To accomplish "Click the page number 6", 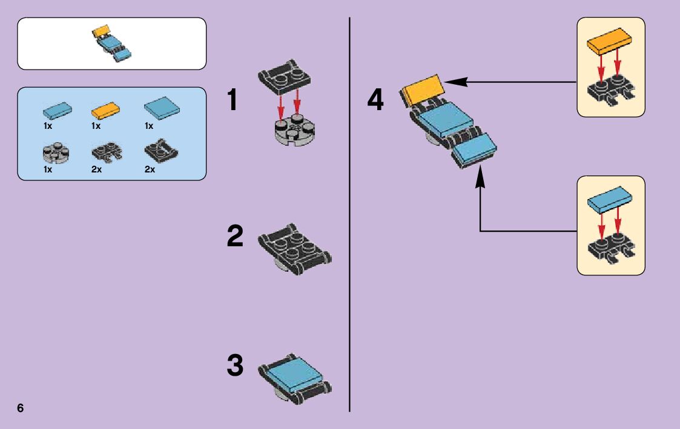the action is (21, 407).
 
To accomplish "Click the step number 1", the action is (236, 100).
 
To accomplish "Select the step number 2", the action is (236, 236).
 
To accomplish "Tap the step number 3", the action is (236, 366).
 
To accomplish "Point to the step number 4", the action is (375, 100).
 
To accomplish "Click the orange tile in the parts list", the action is (105, 111).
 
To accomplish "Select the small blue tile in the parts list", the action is (58, 110).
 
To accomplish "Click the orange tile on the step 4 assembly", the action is (422, 89).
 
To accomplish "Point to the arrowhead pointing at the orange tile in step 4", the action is (449, 82).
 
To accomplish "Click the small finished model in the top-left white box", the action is (112, 43).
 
